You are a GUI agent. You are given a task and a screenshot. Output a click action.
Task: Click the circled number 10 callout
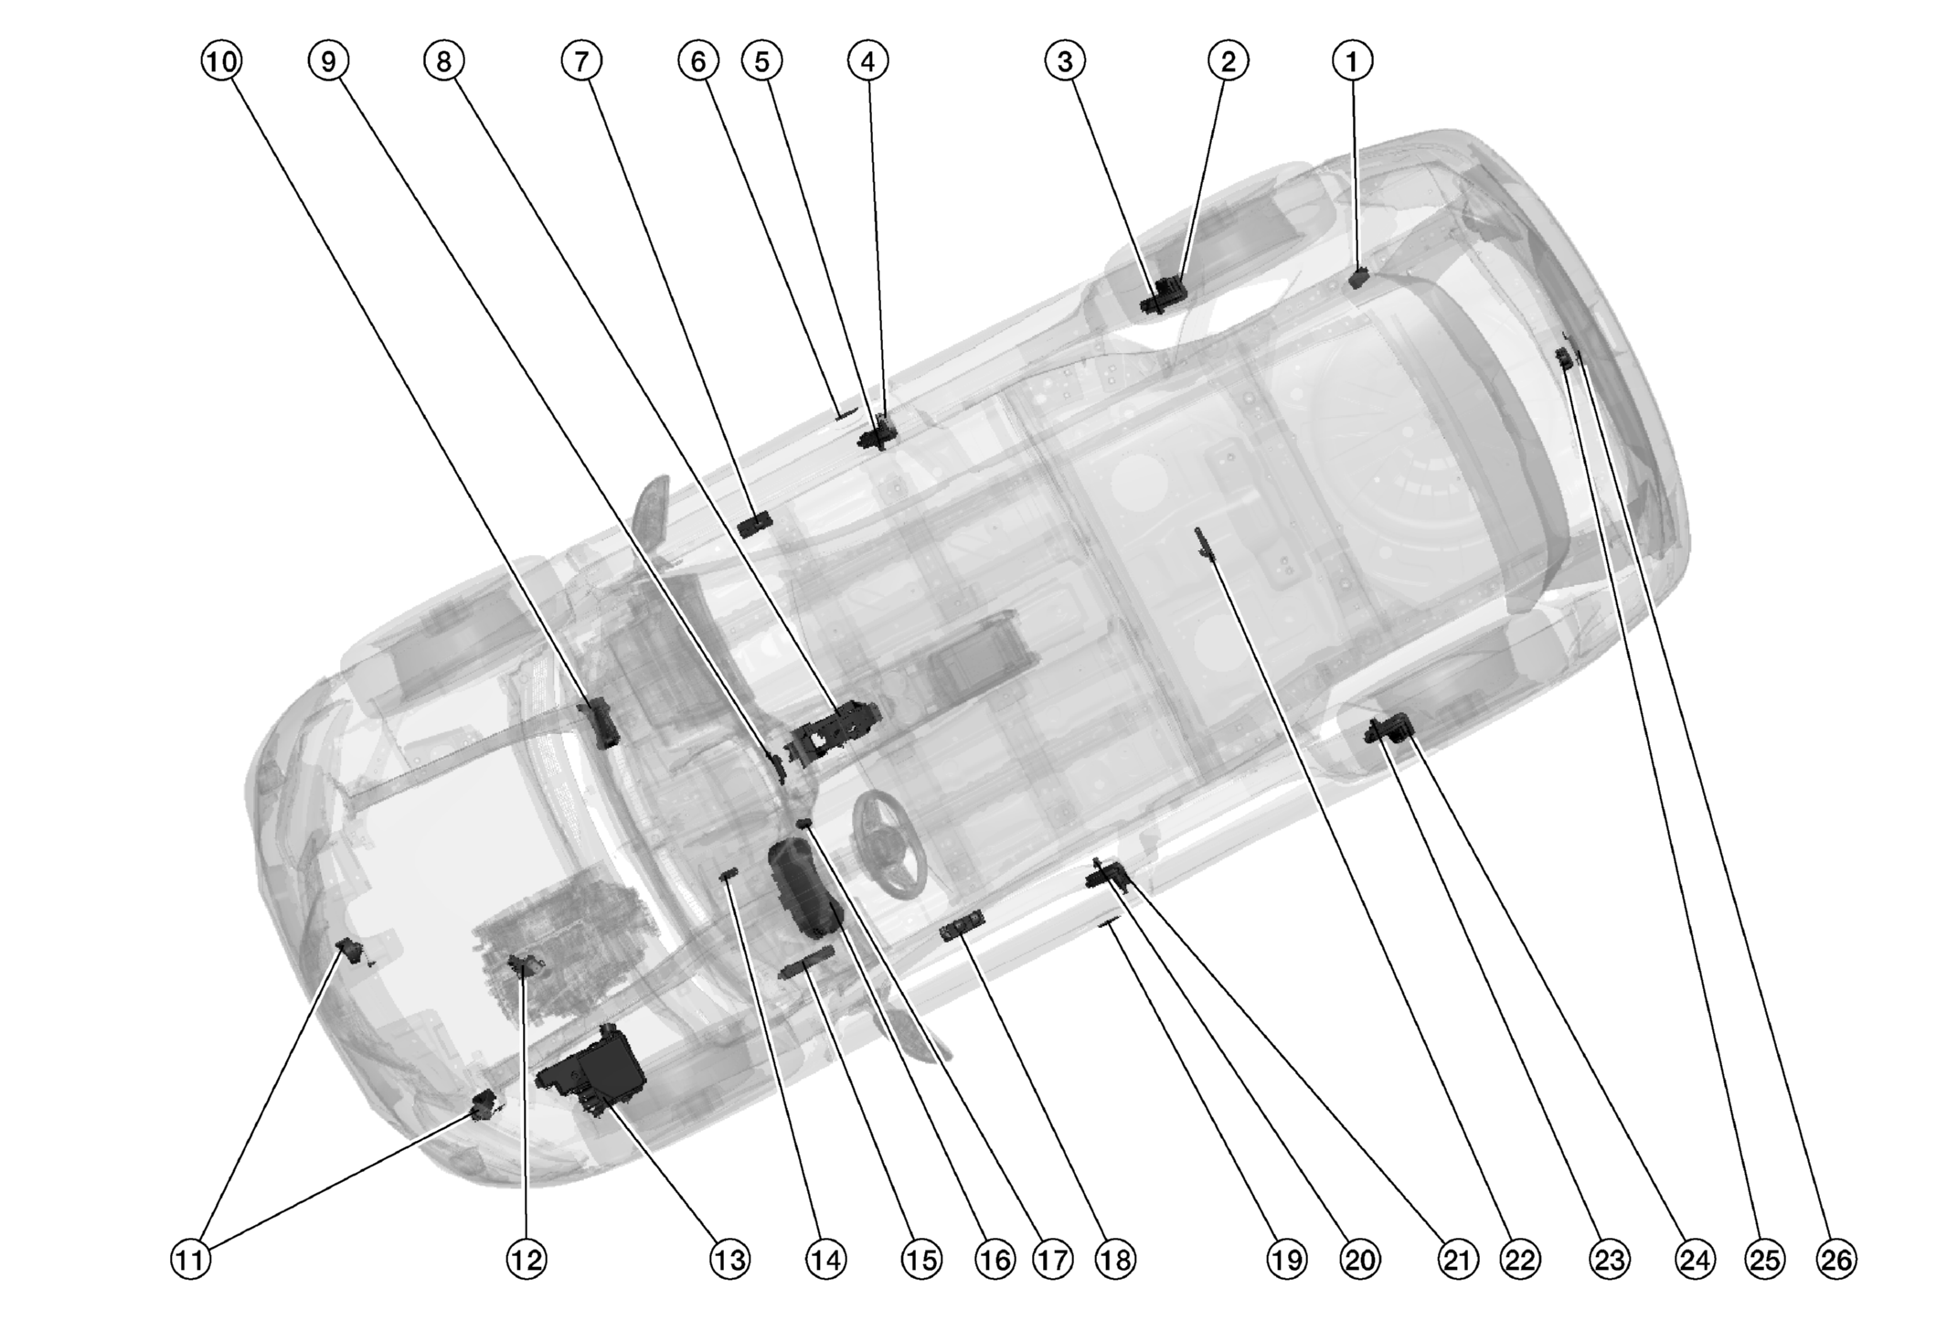(220, 61)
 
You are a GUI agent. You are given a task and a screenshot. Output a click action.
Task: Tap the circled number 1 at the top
(1353, 61)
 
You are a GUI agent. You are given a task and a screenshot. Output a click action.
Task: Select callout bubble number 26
(1836, 1260)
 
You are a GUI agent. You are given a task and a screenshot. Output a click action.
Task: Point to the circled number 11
(191, 1260)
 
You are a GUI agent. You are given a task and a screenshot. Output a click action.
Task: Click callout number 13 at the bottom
(729, 1260)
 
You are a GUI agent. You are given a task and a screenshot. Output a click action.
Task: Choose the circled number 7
(581, 61)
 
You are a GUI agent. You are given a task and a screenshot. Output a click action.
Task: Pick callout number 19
(1286, 1260)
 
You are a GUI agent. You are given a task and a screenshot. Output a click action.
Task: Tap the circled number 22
(1520, 1260)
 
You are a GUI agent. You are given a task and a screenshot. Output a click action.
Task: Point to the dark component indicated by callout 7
(755, 525)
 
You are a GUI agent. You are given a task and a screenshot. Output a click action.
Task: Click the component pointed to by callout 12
(523, 964)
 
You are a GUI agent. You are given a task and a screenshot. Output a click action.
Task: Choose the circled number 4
(867, 61)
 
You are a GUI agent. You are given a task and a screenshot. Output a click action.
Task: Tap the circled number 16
(995, 1260)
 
